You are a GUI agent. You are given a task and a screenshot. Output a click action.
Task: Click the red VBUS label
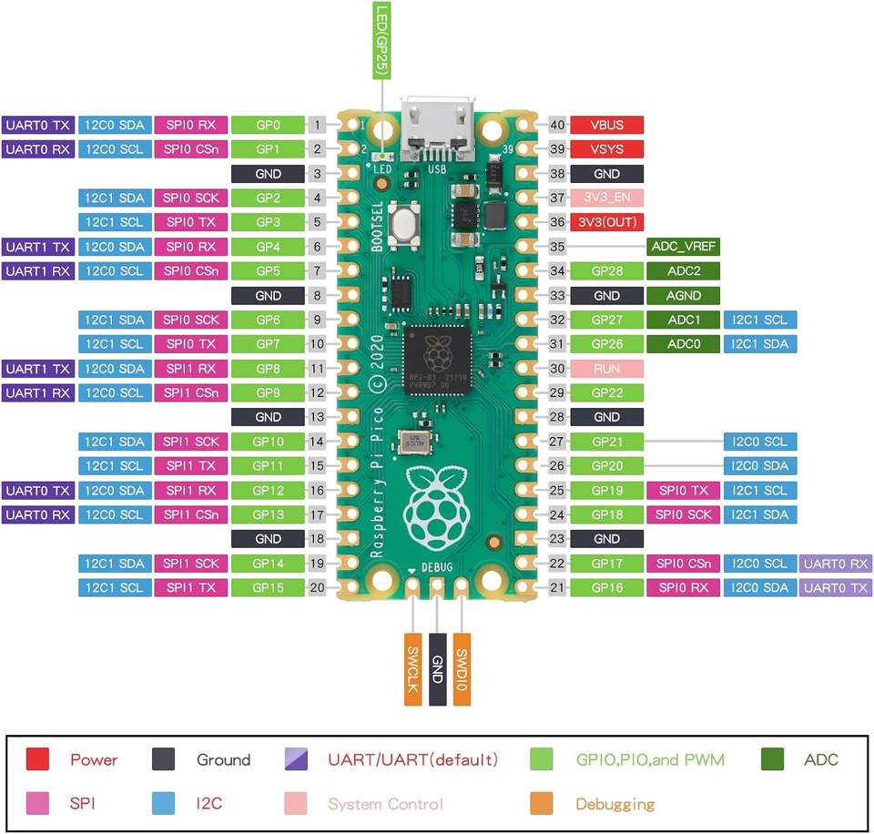[x=607, y=125]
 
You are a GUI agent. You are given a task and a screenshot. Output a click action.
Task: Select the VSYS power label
[x=607, y=148]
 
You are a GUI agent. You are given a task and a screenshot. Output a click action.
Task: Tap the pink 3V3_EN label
[x=607, y=198]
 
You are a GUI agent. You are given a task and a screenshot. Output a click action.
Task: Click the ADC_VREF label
[x=684, y=247]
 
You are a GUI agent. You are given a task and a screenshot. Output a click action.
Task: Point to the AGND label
[x=684, y=296]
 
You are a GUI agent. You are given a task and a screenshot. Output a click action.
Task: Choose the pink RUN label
[x=607, y=369]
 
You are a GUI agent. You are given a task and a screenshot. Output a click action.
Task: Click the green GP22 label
[x=607, y=393]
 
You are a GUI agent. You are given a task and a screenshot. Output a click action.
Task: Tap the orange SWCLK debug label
[x=413, y=669]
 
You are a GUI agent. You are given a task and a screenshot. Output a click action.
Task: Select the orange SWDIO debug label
[x=462, y=669]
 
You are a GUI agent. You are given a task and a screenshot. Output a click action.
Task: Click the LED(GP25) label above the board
[x=381, y=40]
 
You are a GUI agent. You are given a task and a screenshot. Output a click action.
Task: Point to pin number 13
[x=317, y=417]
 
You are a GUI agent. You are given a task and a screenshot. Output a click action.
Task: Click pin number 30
[x=557, y=369]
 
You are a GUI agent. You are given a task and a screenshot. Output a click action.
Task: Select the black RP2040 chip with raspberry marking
[x=438, y=360]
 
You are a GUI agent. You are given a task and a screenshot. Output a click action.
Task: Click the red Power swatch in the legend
[x=37, y=759]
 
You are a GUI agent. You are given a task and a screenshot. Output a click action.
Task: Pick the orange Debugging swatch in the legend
[x=542, y=803]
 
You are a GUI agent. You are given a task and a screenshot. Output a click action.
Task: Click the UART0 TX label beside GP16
[x=836, y=587]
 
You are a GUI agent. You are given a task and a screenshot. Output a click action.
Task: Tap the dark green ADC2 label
[x=684, y=271]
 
